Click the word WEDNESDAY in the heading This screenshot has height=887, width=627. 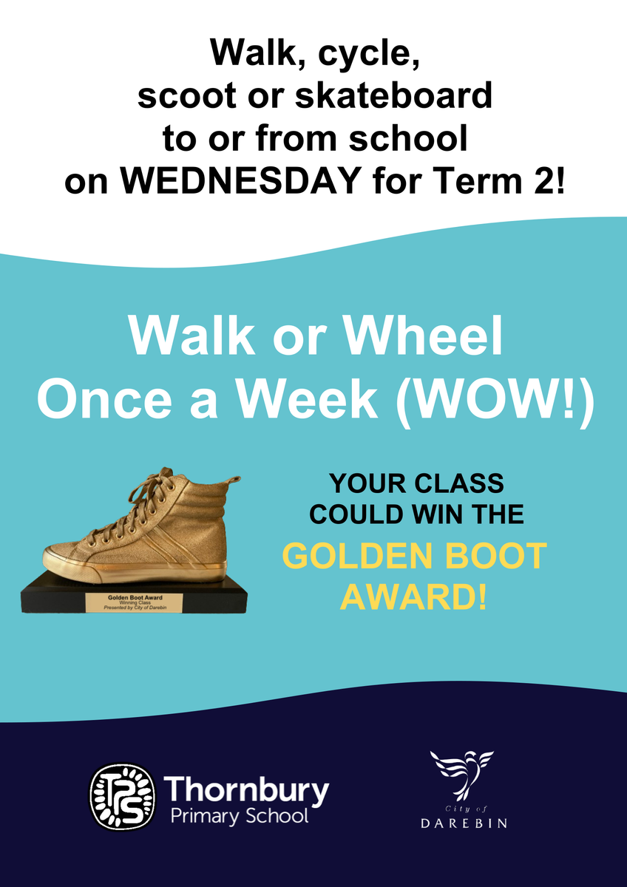pyautogui.click(x=240, y=180)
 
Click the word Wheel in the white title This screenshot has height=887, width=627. pyautogui.click(x=423, y=336)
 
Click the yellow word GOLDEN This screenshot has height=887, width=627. pyautogui.click(x=359, y=555)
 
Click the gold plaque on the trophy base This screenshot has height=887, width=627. pyautogui.click(x=135, y=602)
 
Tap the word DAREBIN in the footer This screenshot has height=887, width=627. pyautogui.click(x=464, y=822)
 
